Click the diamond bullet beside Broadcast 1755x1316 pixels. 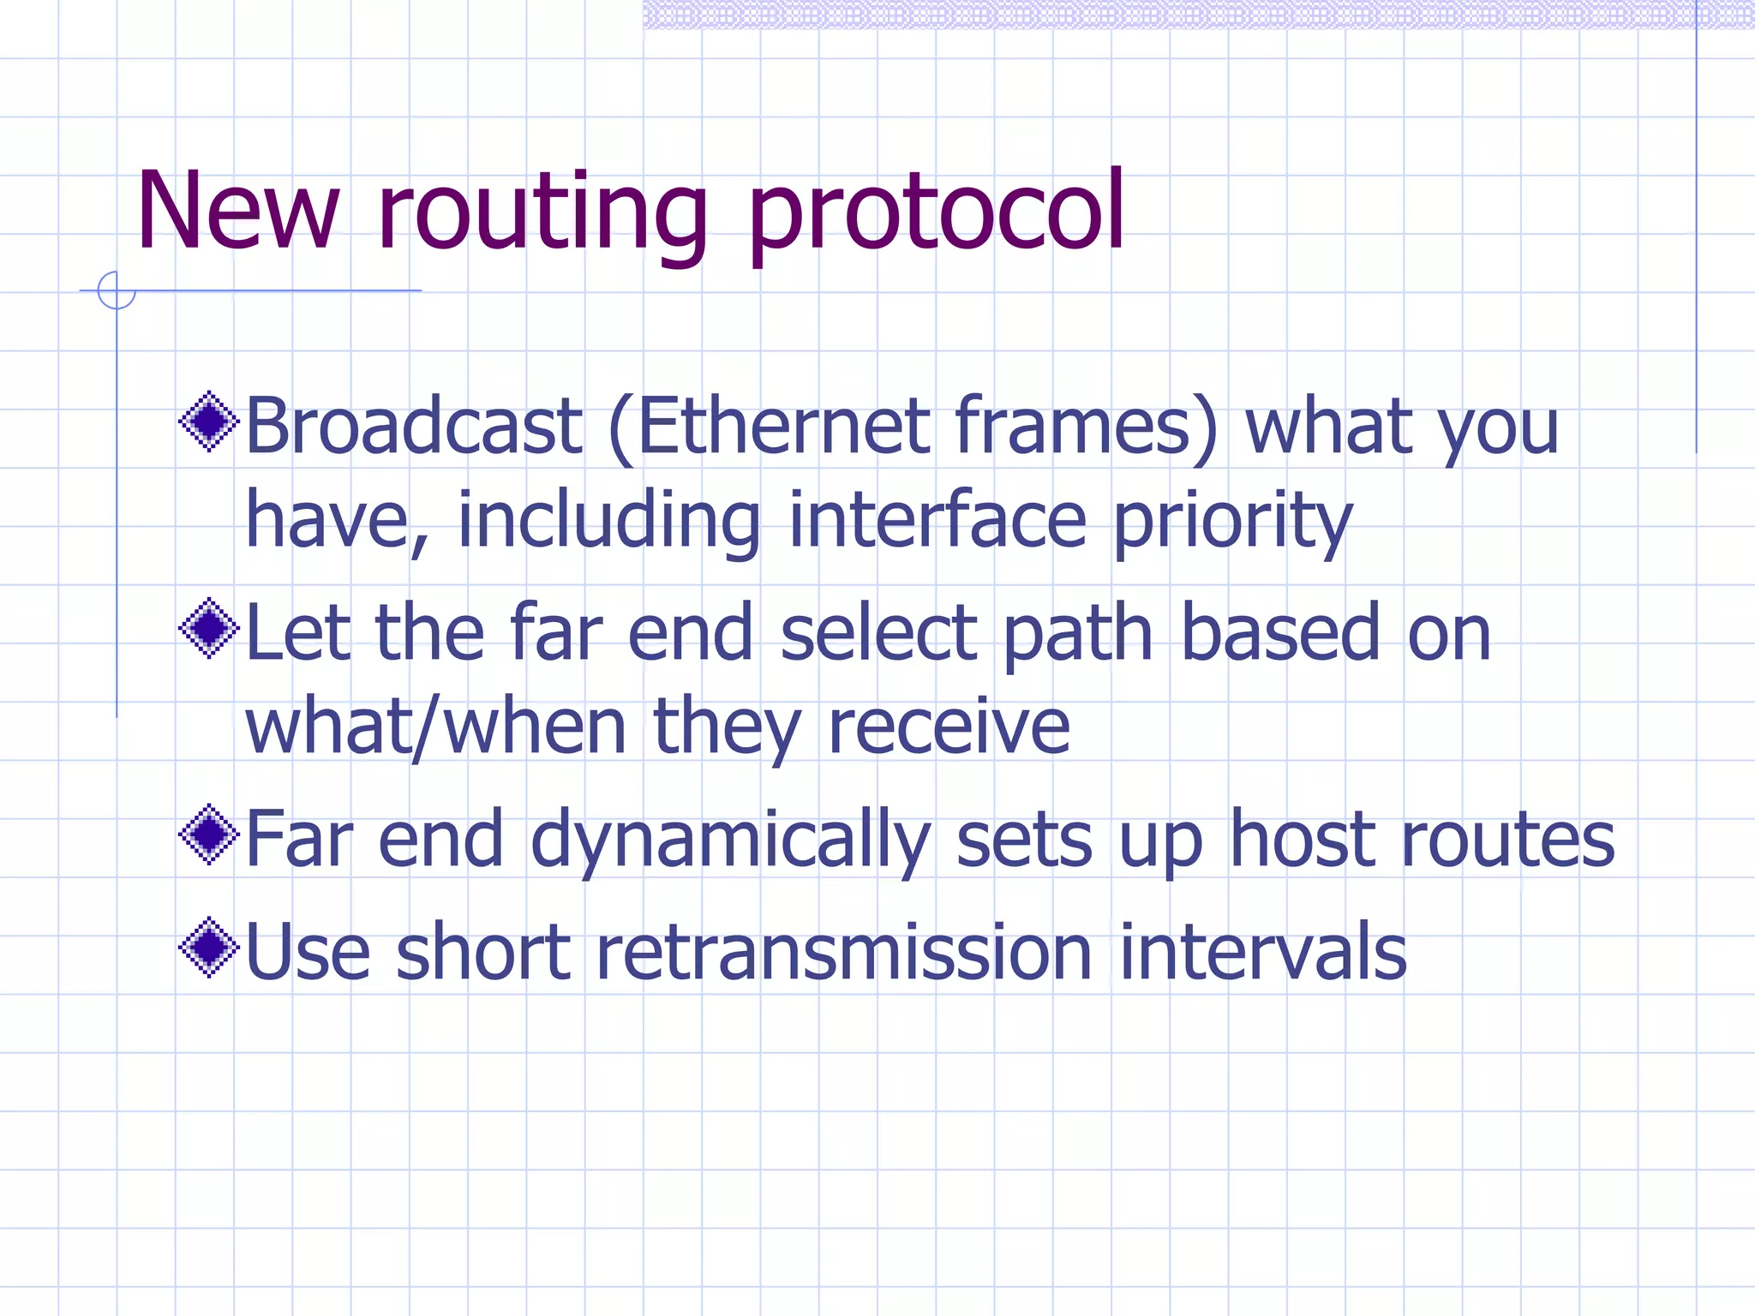pyautogui.click(x=208, y=422)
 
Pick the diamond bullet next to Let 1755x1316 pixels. pyautogui.click(x=208, y=629)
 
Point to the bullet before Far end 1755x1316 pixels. pyautogui.click(x=208, y=834)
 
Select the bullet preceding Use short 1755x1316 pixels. pyautogui.click(x=208, y=948)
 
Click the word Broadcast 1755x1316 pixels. pyautogui.click(x=414, y=426)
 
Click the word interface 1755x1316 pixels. pyautogui.click(x=937, y=520)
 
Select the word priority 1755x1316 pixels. pyautogui.click(x=1232, y=522)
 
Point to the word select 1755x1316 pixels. pyautogui.click(x=878, y=633)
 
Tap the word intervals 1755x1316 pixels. pyautogui.click(x=1262, y=953)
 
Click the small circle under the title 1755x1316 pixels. pyautogui.click(x=117, y=290)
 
